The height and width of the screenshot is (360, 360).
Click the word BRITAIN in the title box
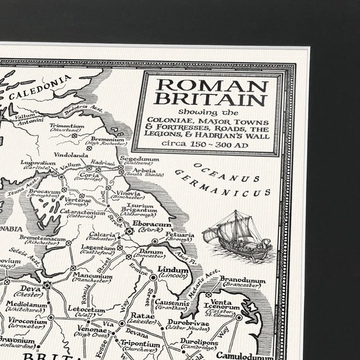[211, 100]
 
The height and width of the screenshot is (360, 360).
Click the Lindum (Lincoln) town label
[172, 271]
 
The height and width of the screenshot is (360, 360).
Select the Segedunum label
[139, 159]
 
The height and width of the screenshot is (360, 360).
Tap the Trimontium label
[66, 127]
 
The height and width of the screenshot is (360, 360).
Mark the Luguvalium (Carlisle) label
[38, 164]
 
